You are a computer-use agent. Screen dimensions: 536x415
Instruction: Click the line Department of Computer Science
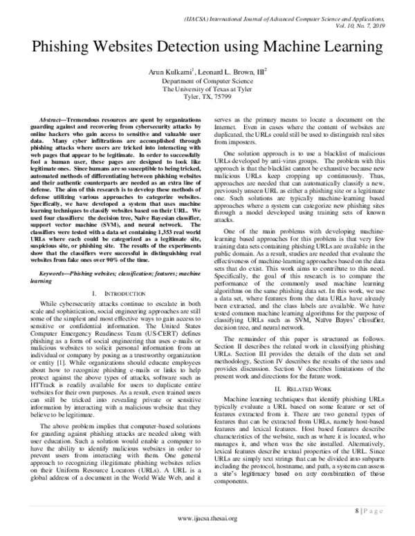point(207,81)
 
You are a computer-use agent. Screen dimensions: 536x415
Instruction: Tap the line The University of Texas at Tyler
point(207,89)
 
